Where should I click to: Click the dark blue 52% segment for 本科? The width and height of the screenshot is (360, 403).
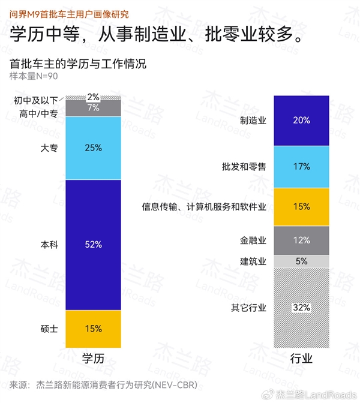(x=93, y=245)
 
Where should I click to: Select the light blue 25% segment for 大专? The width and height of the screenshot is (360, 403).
(x=93, y=148)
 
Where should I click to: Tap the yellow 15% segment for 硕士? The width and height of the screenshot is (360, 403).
(x=93, y=328)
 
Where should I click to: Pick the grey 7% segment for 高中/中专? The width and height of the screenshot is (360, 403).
(x=93, y=108)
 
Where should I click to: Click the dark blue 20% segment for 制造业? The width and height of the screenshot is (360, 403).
(x=301, y=121)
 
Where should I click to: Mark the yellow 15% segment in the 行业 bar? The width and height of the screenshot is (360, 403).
(x=301, y=206)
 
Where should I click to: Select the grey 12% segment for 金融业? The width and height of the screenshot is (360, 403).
(x=301, y=240)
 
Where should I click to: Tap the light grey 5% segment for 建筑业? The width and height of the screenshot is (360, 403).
(x=301, y=261)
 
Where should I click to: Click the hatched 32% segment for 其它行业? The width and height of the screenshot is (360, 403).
(x=301, y=308)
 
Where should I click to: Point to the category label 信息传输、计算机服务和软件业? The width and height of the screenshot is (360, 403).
(x=204, y=207)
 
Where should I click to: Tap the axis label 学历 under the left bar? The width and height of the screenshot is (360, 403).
(x=93, y=359)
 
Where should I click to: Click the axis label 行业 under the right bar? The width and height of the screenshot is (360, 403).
(x=301, y=359)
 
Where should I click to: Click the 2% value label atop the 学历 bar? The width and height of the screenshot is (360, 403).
(x=93, y=97)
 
